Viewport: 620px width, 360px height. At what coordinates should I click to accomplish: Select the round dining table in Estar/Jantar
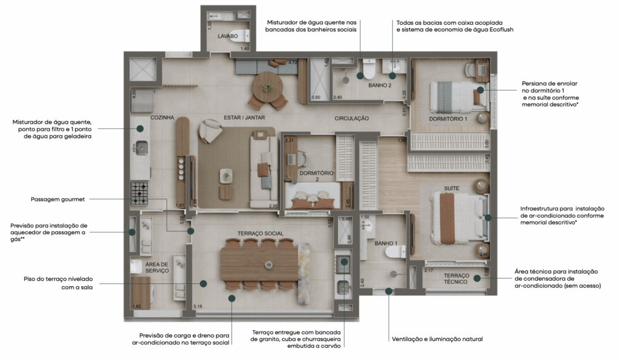(267, 83)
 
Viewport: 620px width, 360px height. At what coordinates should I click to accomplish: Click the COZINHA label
(162, 118)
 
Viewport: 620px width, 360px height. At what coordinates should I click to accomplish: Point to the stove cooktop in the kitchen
(139, 193)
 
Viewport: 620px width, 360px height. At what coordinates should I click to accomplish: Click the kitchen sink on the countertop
(141, 147)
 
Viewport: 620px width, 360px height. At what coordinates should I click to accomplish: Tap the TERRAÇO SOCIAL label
(261, 234)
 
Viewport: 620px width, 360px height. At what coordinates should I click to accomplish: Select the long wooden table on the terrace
(259, 264)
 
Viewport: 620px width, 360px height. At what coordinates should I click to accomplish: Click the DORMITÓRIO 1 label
(449, 119)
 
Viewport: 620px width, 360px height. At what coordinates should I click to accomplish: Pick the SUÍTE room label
(452, 189)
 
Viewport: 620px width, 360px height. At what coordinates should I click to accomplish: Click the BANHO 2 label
(380, 85)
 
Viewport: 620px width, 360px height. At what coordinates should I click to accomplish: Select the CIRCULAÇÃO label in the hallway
(351, 119)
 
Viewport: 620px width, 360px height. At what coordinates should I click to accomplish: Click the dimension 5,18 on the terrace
(197, 307)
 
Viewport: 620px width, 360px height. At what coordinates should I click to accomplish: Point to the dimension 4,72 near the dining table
(292, 62)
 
